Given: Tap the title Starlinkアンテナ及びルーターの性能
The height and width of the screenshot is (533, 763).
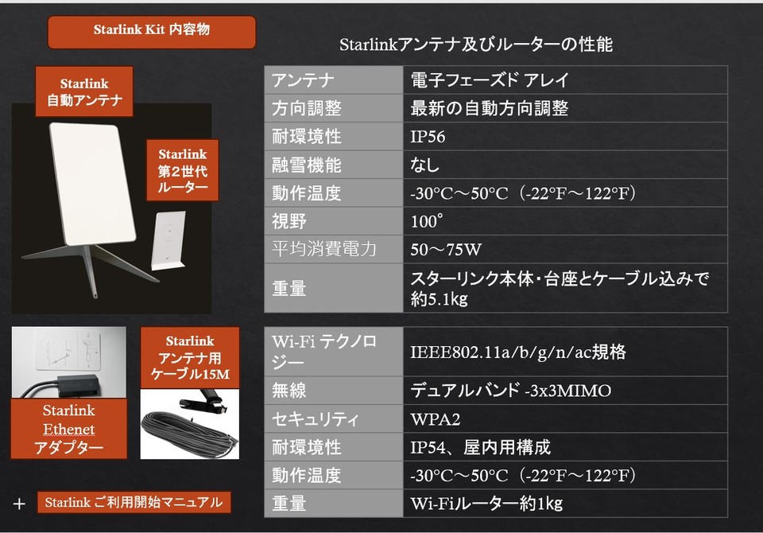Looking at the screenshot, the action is coord(475,45).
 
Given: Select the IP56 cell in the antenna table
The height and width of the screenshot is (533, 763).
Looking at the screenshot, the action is coord(565,136).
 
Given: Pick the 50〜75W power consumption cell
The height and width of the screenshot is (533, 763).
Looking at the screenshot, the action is coord(565,250).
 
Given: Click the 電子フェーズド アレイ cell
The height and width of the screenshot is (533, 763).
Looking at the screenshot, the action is coord(565,80).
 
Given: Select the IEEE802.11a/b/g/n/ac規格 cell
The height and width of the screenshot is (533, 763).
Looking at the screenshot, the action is coord(565,352).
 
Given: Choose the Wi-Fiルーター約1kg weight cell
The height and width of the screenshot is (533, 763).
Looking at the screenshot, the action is coord(565,504).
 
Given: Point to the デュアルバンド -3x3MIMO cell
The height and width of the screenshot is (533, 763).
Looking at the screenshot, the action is coord(565,391).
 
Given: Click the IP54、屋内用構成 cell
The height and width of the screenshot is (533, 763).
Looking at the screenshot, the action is coord(565,447).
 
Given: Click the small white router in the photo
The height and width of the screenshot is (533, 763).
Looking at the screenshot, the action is coord(168,239).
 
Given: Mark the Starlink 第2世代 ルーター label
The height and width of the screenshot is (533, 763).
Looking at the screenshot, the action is coord(183,170).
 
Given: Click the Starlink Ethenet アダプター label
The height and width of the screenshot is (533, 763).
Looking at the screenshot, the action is coord(68,429).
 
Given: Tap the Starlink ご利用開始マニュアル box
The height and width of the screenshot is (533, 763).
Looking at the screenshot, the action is coord(134,502).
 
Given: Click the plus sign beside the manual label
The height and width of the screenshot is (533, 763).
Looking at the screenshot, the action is coord(19,504).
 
